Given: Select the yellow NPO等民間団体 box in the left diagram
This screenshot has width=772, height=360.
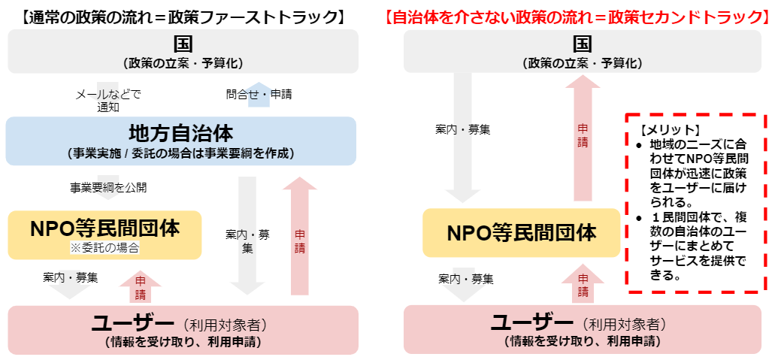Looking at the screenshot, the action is [105, 235].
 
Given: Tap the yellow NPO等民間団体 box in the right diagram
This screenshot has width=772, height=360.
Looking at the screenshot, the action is [522, 232].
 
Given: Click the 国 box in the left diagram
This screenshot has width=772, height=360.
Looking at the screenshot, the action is [183, 51].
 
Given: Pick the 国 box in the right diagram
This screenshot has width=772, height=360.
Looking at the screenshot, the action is [583, 51].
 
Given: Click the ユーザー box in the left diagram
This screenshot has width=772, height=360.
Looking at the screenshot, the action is [183, 330].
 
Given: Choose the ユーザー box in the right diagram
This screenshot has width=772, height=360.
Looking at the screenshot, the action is [583, 329].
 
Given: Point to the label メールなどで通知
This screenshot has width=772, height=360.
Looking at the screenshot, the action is [107, 101].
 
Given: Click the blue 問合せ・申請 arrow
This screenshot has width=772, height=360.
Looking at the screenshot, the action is [259, 95].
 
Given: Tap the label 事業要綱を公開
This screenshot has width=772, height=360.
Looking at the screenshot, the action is [107, 187].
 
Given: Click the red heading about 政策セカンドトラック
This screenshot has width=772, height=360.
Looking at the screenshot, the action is [577, 17].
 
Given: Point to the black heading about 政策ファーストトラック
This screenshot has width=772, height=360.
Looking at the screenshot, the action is [183, 17].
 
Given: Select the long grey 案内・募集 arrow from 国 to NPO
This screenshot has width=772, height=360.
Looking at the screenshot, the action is [462, 138].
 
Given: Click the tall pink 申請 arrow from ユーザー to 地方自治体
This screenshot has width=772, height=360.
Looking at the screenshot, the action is [300, 236].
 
